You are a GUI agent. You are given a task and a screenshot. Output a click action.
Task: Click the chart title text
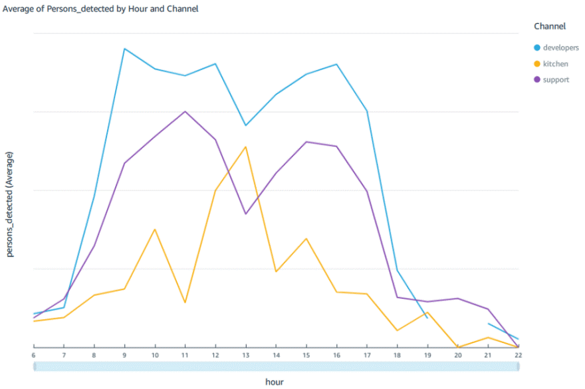(x=100, y=9)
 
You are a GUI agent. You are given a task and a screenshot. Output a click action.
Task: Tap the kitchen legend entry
(x=555, y=64)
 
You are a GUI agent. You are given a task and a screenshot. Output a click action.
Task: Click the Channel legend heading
(x=550, y=27)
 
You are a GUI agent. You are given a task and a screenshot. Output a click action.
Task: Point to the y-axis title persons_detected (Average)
(x=10, y=204)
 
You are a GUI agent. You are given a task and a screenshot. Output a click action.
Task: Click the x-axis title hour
(x=275, y=382)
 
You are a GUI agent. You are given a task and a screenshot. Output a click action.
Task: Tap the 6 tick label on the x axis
(x=33, y=356)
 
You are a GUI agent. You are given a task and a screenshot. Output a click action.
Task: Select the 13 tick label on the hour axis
(x=245, y=356)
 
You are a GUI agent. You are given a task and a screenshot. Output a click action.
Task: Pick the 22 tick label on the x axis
(x=518, y=356)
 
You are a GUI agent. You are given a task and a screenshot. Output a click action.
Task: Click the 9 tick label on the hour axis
(x=124, y=356)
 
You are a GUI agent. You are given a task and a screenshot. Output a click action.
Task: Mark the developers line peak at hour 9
(x=124, y=49)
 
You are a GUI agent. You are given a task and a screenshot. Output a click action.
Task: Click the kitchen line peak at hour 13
(x=246, y=147)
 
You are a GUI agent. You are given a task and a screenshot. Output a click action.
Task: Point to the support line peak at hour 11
(x=185, y=111)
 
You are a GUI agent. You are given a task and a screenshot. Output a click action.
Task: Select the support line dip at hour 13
(x=246, y=214)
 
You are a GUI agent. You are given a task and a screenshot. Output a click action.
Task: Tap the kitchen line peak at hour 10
(x=155, y=229)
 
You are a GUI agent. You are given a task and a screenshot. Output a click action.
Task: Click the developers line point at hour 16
(x=336, y=65)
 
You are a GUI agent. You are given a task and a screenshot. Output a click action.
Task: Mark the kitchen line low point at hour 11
(x=185, y=302)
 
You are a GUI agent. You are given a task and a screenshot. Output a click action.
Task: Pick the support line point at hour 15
(x=306, y=142)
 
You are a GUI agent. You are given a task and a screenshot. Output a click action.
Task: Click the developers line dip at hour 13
(x=246, y=125)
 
